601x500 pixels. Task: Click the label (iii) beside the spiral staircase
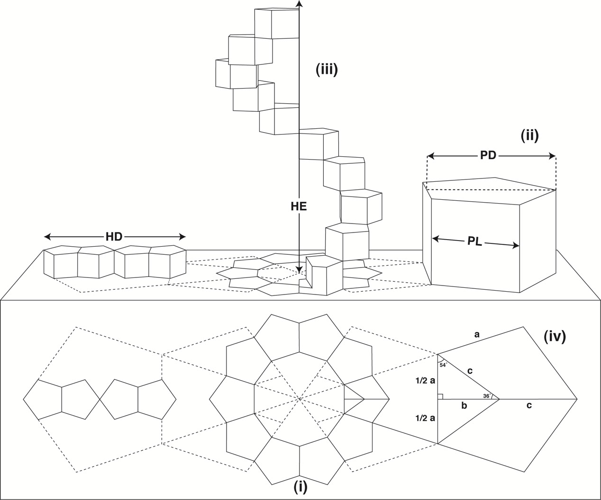pyautogui.click(x=327, y=70)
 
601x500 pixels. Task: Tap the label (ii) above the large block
pyautogui.click(x=529, y=136)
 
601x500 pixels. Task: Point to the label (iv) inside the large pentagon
pyautogui.click(x=555, y=338)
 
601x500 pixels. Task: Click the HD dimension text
pyautogui.click(x=114, y=236)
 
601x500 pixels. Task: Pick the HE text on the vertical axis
pyautogui.click(x=299, y=206)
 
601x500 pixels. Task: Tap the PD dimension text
pyautogui.click(x=488, y=155)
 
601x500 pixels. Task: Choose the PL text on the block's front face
pyautogui.click(x=474, y=241)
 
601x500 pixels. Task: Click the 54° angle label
pyautogui.click(x=443, y=365)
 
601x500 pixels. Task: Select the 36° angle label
pyautogui.click(x=486, y=396)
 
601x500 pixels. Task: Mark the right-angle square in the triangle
pyautogui.click(x=440, y=396)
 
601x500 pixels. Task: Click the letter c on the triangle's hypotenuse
pyautogui.click(x=470, y=372)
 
